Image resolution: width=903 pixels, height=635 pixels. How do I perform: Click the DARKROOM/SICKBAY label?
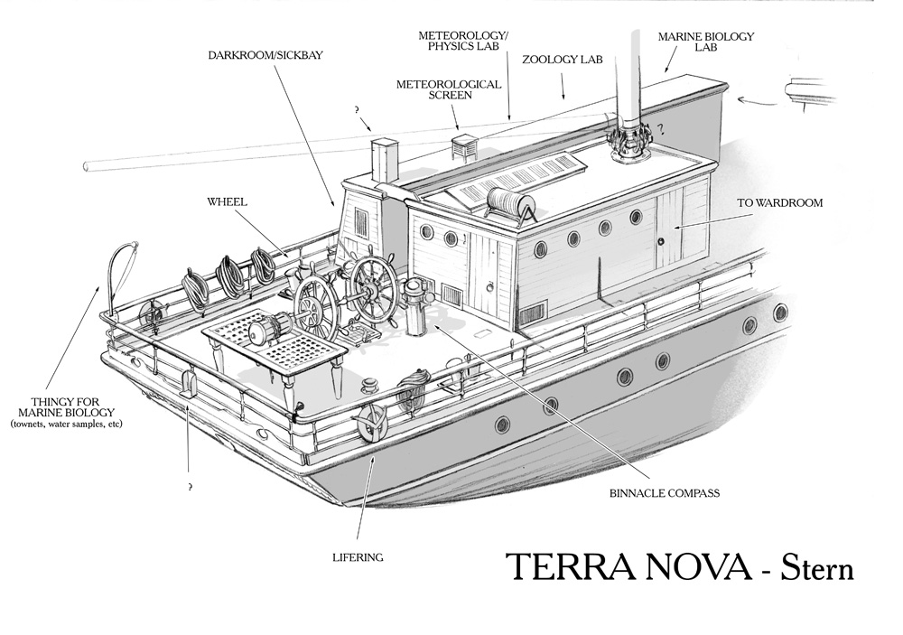tap(265, 54)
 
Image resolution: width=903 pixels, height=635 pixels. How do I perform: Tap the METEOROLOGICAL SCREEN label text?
tap(449, 89)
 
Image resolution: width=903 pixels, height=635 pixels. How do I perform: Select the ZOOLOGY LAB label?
tap(561, 59)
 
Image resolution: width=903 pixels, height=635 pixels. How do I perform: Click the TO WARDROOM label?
tap(780, 203)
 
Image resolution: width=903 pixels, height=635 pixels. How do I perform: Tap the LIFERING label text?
tap(358, 557)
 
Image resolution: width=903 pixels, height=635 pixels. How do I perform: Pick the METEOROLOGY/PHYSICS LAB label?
tap(463, 41)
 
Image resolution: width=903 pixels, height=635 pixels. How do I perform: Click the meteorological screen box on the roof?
tap(464, 147)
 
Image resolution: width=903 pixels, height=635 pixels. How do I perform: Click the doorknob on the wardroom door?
tap(661, 240)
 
